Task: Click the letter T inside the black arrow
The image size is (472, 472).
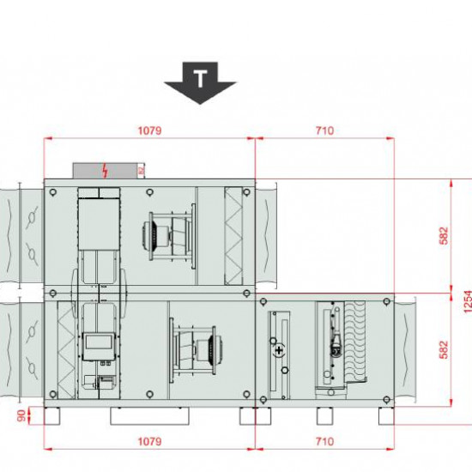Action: pos(200,80)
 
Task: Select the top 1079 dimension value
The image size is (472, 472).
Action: pos(149,131)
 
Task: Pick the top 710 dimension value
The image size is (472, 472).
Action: pos(324,131)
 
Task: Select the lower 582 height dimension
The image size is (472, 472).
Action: pos(443,349)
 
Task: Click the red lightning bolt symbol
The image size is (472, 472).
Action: pos(106,170)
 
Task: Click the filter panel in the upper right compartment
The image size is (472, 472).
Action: pos(234,233)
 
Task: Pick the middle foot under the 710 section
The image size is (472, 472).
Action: pos(326,415)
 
